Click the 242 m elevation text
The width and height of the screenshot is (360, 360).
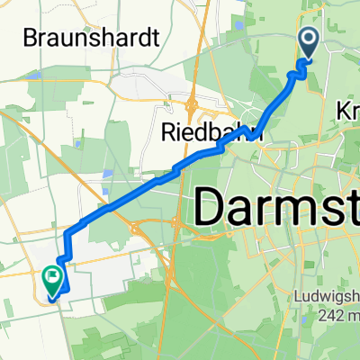[x=337, y=315]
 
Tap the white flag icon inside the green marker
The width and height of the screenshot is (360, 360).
[x=52, y=278]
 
